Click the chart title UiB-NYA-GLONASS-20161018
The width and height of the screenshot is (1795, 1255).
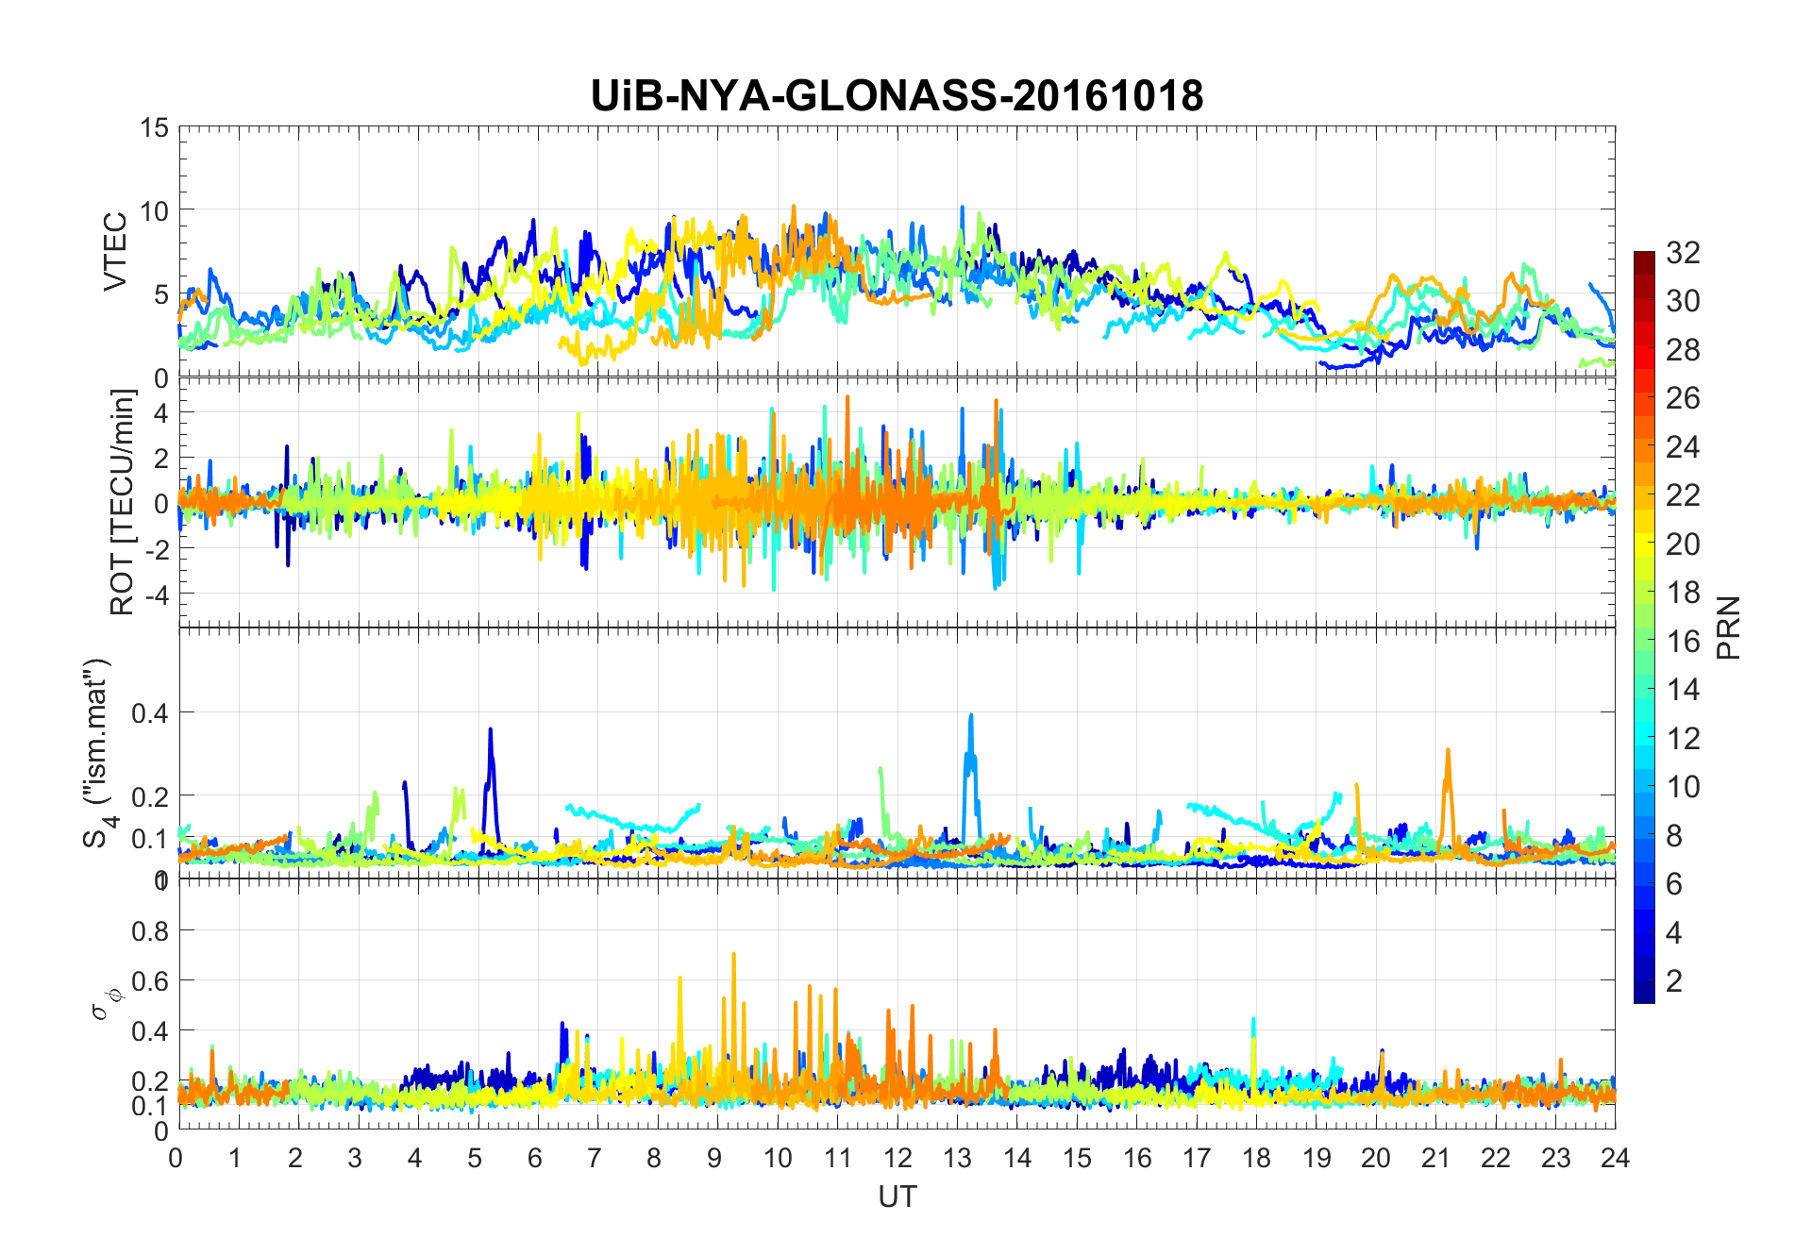point(897,96)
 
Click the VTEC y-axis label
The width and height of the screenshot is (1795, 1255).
point(115,252)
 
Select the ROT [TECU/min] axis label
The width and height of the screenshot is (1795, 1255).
point(123,502)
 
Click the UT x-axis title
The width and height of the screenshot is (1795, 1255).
point(897,1197)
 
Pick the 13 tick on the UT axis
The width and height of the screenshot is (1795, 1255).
point(957,1158)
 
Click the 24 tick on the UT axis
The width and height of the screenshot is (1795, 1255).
point(1615,1158)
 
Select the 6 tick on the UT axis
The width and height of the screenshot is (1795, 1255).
point(536,1158)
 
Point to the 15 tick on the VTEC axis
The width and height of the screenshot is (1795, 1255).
point(154,127)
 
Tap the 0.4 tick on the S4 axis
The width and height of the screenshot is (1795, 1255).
point(149,712)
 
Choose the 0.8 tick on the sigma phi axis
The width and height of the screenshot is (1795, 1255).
point(149,931)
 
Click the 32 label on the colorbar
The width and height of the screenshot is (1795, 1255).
point(1683,252)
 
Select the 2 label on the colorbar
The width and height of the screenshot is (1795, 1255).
point(1674,980)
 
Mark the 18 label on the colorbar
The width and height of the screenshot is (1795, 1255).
point(1683,593)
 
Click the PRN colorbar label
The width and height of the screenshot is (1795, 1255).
point(1729,627)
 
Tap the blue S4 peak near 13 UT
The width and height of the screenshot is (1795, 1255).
point(970,717)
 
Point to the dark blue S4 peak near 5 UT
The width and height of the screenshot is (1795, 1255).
point(491,731)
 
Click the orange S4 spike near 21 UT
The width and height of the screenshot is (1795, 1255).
point(1448,752)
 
